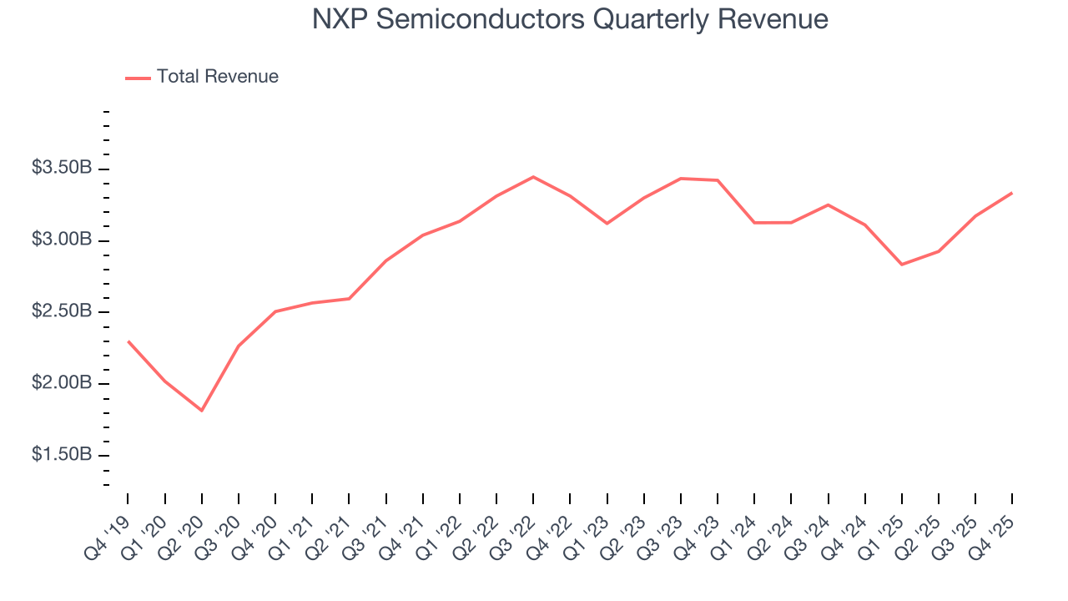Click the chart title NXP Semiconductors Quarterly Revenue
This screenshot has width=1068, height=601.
pyautogui.click(x=570, y=19)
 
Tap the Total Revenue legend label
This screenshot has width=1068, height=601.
pyautogui.click(x=217, y=77)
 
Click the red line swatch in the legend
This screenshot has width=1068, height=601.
pyautogui.click(x=138, y=78)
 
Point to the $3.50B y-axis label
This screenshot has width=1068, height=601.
pyautogui.click(x=62, y=169)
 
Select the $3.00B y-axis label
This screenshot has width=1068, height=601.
pyautogui.click(x=62, y=240)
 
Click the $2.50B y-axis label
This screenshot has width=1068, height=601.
pyautogui.click(x=62, y=312)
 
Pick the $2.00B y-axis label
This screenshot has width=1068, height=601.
pyautogui.click(x=62, y=384)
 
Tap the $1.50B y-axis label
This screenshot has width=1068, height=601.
pyautogui.click(x=62, y=456)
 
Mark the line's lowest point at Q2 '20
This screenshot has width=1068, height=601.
pyautogui.click(x=201, y=411)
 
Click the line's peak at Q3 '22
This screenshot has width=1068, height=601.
pyautogui.click(x=533, y=177)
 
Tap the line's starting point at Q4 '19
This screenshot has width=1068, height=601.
pyautogui.click(x=128, y=341)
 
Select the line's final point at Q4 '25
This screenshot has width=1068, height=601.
pyautogui.click(x=1012, y=193)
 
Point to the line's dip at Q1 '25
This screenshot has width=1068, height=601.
pyautogui.click(x=902, y=265)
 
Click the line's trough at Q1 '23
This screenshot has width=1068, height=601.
pyautogui.click(x=607, y=224)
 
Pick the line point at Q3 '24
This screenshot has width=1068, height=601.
pyautogui.click(x=828, y=205)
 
